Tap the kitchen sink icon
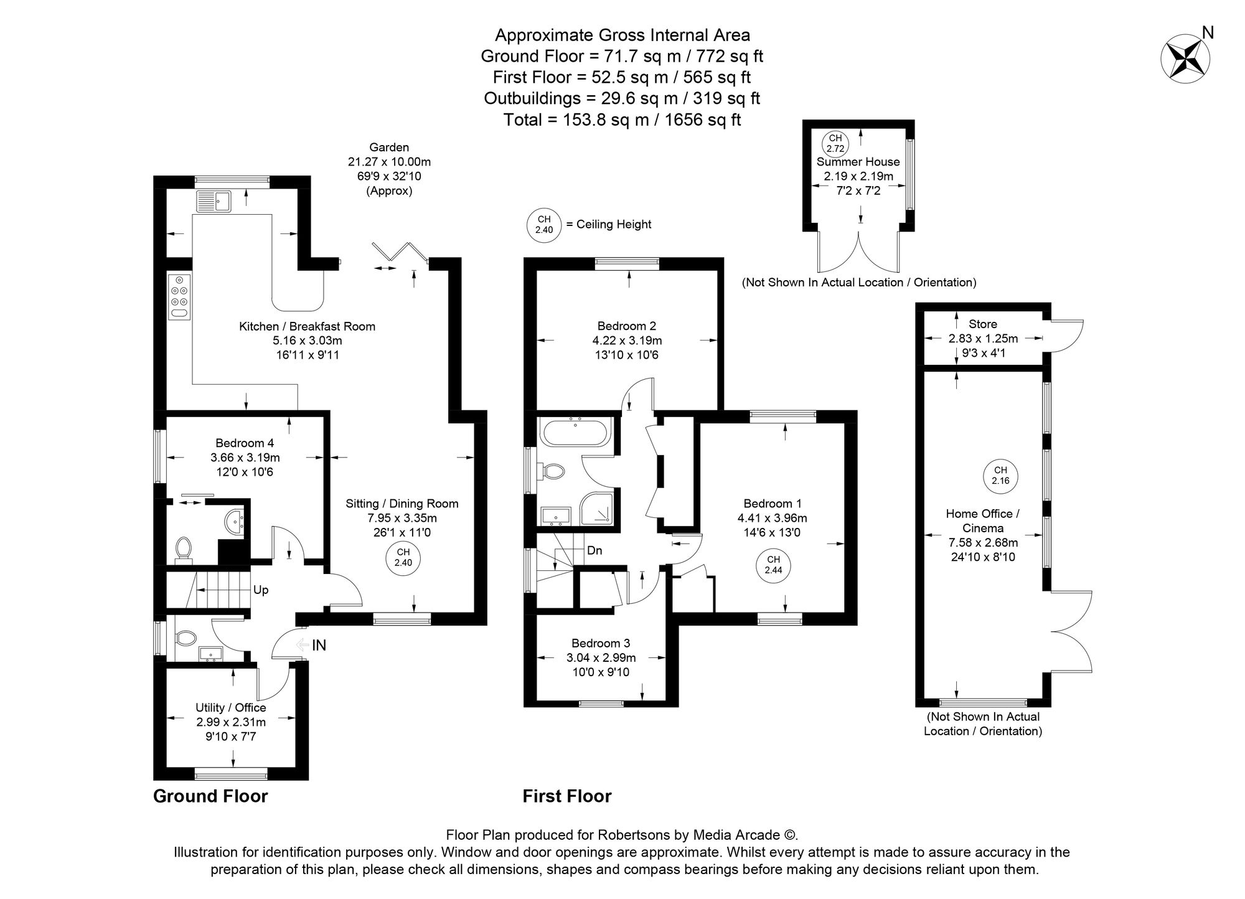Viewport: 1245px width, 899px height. [214, 201]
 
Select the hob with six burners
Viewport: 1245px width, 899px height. [180, 297]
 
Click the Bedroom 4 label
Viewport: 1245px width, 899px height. [245, 443]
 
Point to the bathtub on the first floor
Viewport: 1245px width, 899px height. [576, 431]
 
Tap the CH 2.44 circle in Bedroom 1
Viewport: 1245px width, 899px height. [773, 565]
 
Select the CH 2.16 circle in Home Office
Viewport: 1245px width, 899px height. [1000, 476]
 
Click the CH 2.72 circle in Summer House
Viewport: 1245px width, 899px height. [835, 143]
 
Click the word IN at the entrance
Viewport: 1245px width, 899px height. [319, 646]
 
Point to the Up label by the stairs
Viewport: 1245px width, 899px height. [261, 590]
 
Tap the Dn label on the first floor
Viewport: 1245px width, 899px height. [594, 551]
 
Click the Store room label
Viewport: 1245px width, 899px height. [983, 324]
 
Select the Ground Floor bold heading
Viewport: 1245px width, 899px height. [210, 796]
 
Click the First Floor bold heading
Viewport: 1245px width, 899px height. [566, 796]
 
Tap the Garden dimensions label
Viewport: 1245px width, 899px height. [389, 162]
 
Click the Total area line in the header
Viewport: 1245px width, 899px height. [622, 120]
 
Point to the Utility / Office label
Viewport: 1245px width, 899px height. [231, 708]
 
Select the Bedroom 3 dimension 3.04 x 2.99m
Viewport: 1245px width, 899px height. [601, 658]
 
